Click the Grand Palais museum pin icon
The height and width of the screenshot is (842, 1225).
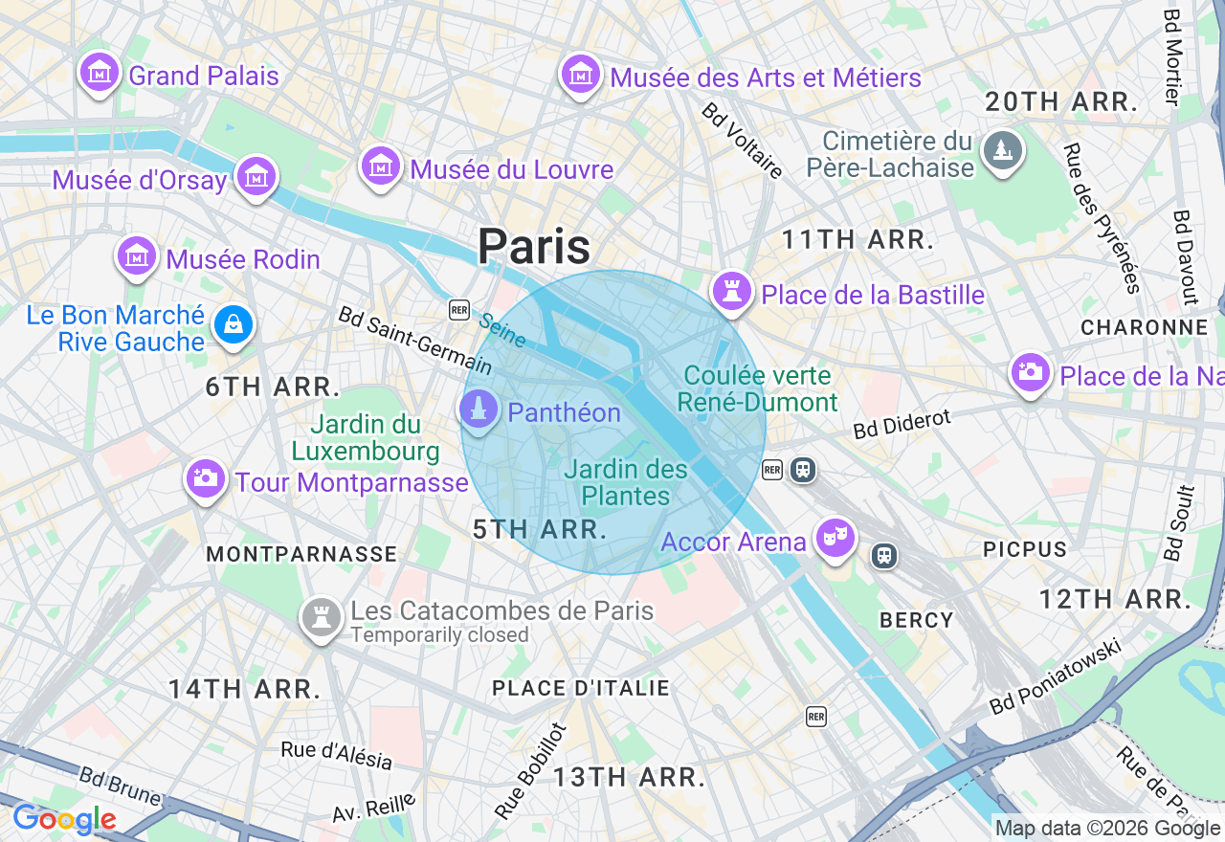[x=100, y=73]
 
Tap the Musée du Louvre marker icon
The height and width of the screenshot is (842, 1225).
[x=380, y=166]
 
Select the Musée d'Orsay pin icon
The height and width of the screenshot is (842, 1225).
[x=256, y=175]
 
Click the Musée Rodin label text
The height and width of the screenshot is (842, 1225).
[x=243, y=259]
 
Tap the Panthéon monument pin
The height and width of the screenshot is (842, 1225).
[x=479, y=410]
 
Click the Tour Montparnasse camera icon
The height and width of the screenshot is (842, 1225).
[x=206, y=477]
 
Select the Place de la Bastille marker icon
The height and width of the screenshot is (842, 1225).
[x=733, y=291]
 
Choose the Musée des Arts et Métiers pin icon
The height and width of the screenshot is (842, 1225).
[x=580, y=74]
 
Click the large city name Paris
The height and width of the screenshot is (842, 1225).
[x=534, y=247]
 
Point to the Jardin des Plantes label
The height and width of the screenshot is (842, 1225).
[x=626, y=482]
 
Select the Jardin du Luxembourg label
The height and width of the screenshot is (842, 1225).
[x=366, y=437]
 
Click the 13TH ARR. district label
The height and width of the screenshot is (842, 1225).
[x=629, y=777]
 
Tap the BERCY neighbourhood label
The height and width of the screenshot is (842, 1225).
[x=916, y=620]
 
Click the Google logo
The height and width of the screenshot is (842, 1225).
[x=64, y=820]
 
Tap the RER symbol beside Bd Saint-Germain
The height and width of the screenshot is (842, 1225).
[x=459, y=309]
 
